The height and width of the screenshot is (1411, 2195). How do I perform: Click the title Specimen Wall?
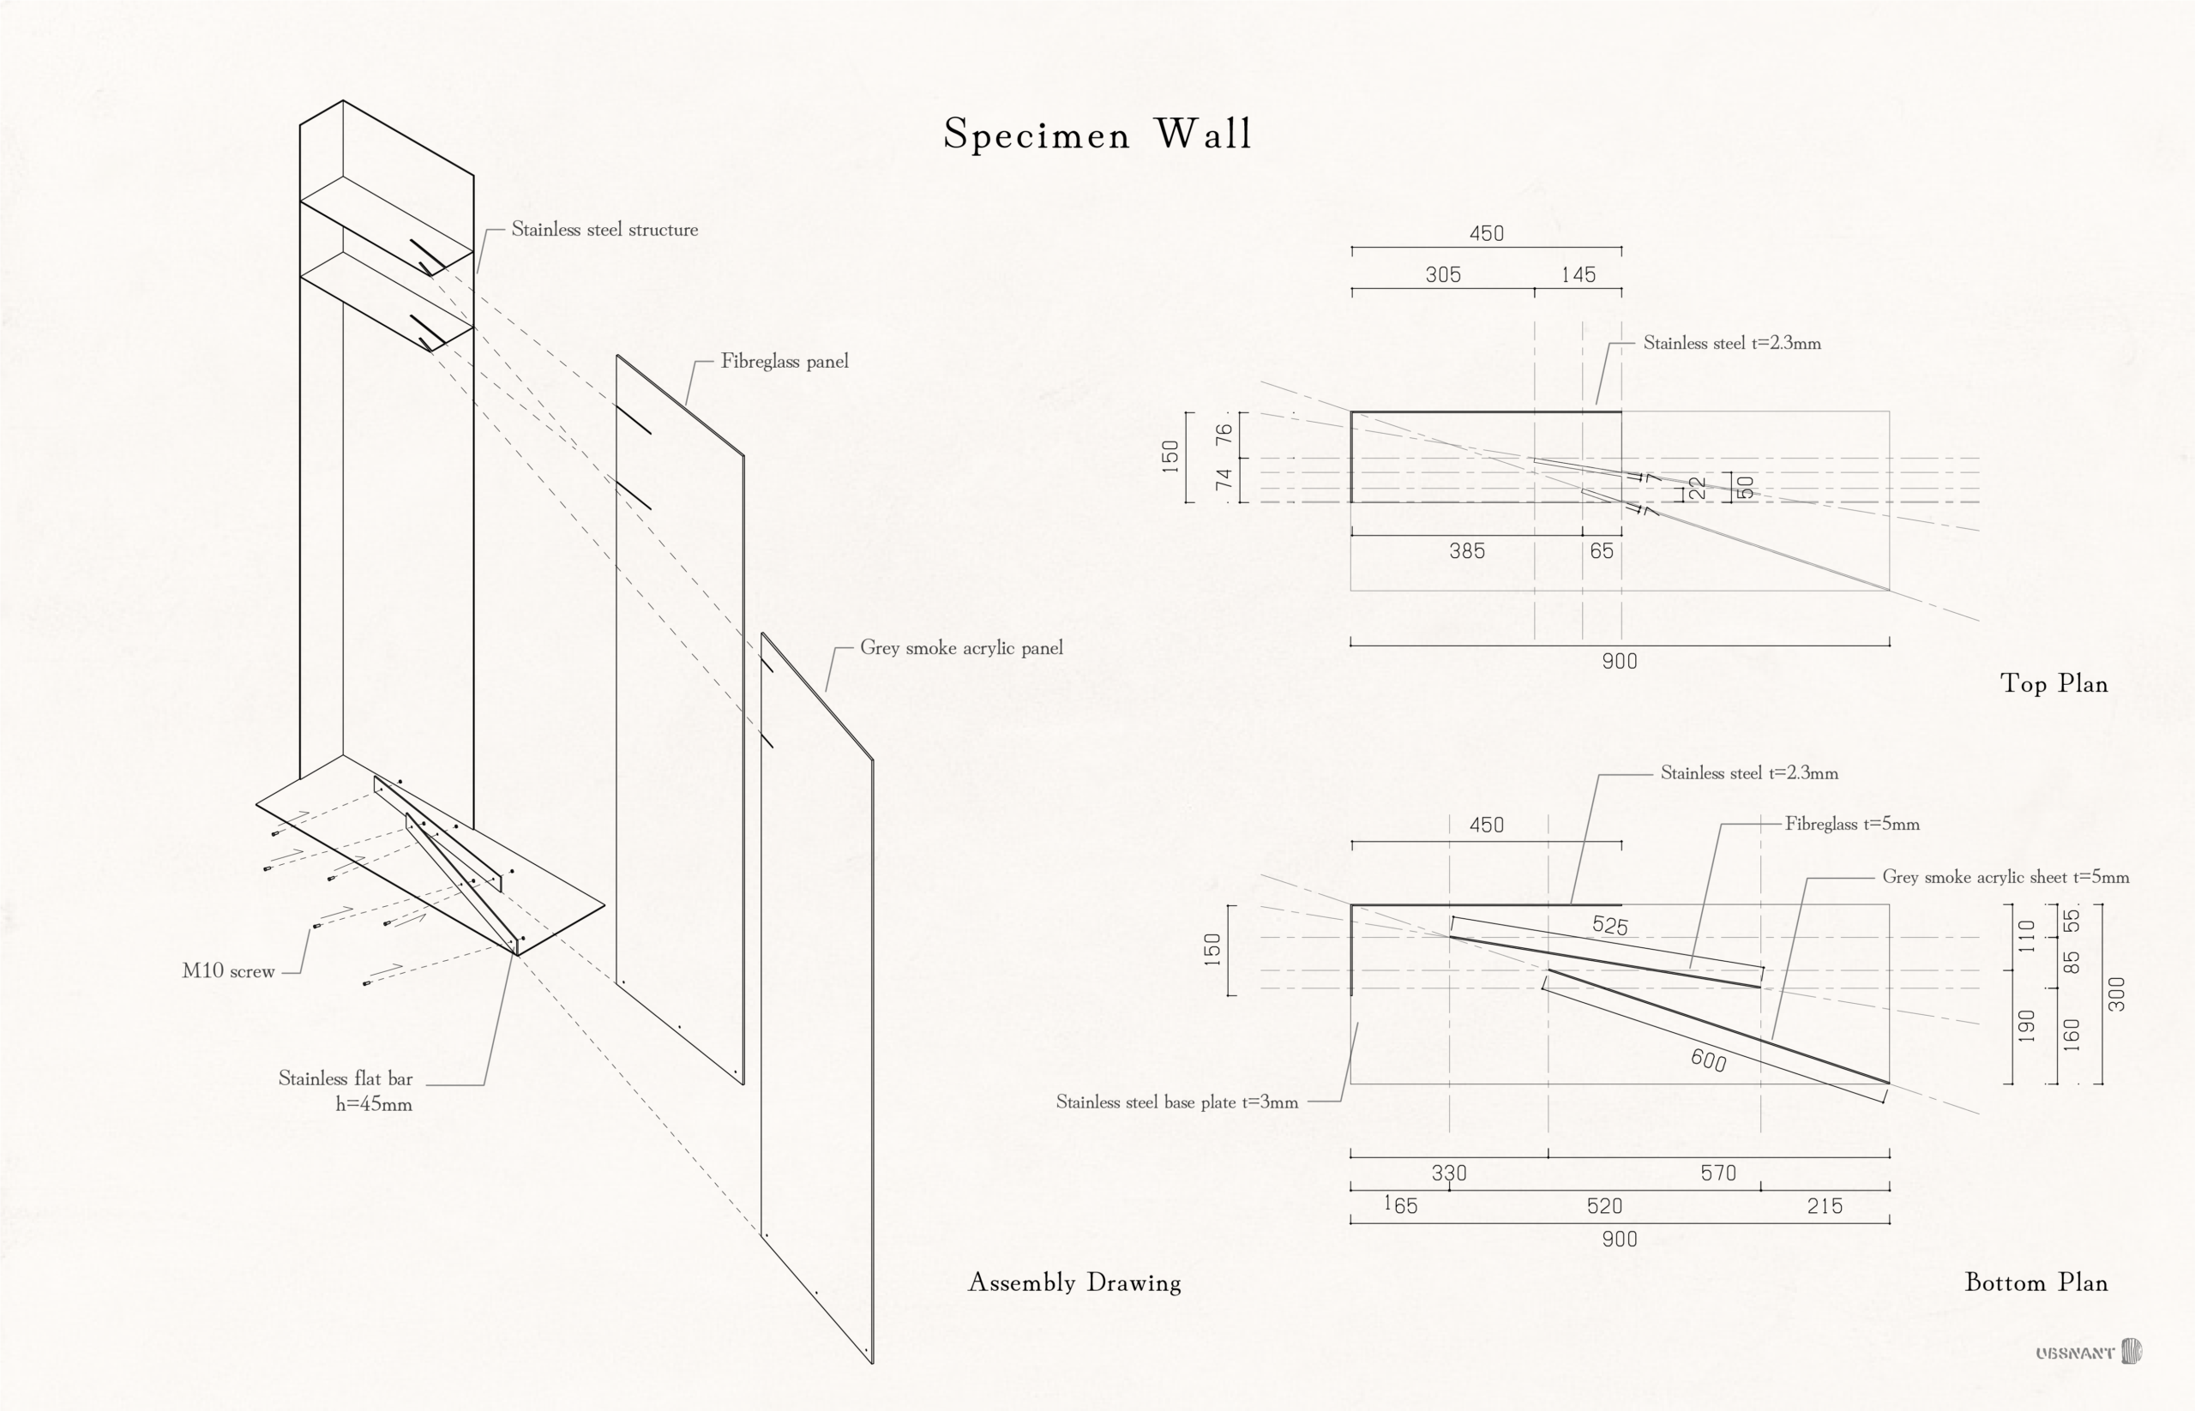pos(1097,135)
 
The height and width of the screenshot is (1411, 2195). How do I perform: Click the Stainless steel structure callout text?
pos(604,230)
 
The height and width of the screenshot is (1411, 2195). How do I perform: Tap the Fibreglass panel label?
pos(785,362)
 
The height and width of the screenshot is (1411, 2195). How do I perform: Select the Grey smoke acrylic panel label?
pos(960,649)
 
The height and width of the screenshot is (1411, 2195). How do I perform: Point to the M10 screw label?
pos(228,971)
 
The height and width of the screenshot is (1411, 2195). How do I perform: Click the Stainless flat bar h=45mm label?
pos(346,1091)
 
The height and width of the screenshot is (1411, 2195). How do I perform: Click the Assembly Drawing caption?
pos(1074,1282)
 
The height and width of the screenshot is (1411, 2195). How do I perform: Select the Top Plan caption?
pos(2053,684)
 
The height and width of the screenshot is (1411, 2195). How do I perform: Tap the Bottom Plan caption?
pos(2036,1282)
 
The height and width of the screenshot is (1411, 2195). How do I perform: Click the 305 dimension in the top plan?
pos(1442,275)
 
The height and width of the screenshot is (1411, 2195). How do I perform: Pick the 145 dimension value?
pos(1579,275)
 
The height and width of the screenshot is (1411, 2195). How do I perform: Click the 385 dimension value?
pos(1466,551)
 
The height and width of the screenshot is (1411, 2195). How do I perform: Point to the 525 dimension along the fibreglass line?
pos(1609,926)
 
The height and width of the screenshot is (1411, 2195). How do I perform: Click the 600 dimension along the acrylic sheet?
pos(1708,1060)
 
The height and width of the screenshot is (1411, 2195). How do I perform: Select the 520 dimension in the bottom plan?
pos(1604,1207)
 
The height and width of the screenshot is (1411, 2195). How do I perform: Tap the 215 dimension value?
pos(1824,1207)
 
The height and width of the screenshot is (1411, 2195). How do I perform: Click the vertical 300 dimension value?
pos(2116,994)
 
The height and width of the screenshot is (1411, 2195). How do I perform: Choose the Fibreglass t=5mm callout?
pos(1851,825)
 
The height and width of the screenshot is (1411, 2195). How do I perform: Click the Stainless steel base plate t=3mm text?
pos(1176,1102)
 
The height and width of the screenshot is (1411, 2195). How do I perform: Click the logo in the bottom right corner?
pos(2089,1353)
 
